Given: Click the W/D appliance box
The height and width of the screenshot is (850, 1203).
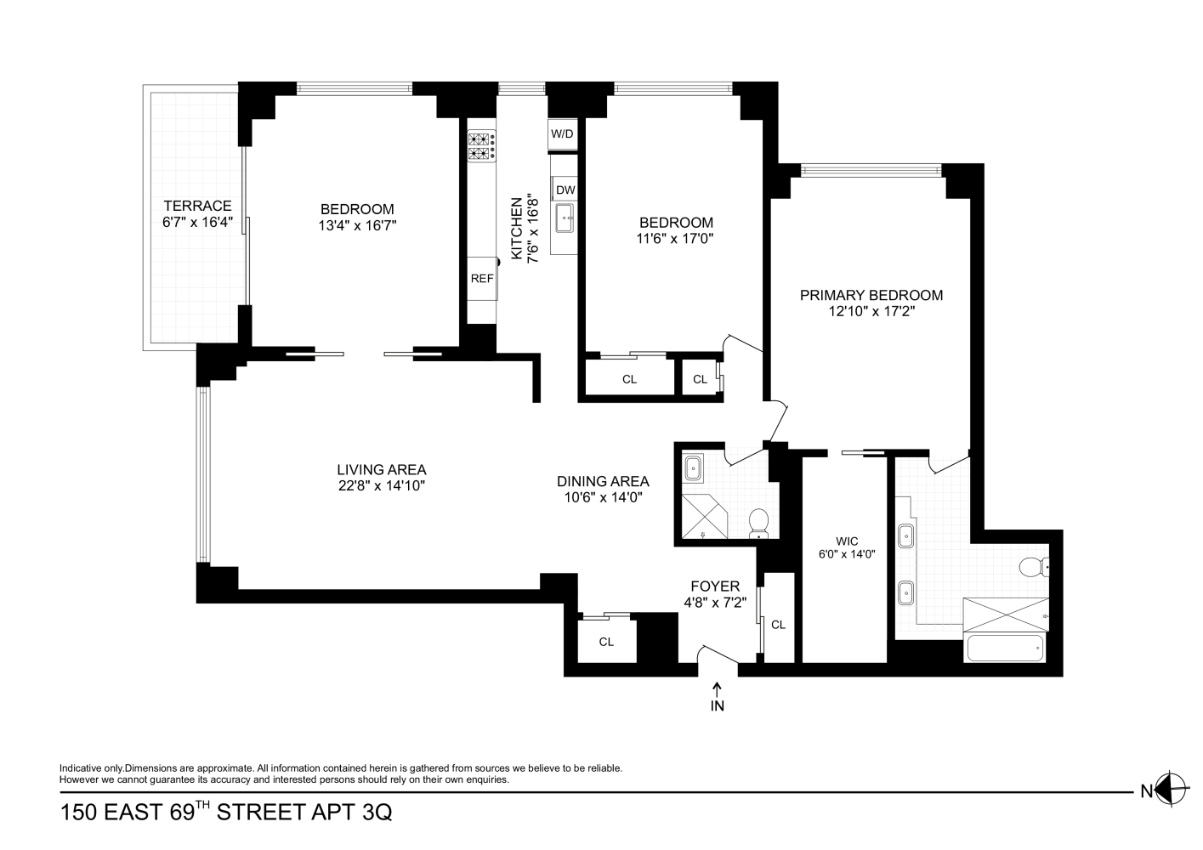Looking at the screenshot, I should point(562,133).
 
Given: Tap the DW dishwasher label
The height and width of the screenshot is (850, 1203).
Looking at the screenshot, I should point(565,190).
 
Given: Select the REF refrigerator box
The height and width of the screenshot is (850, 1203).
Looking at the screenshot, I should point(482,278).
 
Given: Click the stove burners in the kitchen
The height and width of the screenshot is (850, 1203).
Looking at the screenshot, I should point(481,146).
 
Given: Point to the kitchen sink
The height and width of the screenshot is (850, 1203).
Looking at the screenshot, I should point(565,218).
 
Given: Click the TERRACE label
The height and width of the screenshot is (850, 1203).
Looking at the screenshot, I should point(197,206).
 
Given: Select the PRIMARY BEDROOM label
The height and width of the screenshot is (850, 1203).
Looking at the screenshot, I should point(871,295).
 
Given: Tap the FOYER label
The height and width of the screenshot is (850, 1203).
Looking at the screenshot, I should point(714,586).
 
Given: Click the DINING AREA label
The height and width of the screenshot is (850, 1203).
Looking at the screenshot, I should point(603,481).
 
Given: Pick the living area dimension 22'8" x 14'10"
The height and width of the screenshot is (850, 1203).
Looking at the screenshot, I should point(381,486).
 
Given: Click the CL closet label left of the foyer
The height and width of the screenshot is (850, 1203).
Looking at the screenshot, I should point(606,642).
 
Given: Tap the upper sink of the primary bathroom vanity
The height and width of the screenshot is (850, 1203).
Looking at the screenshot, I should point(907,536).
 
